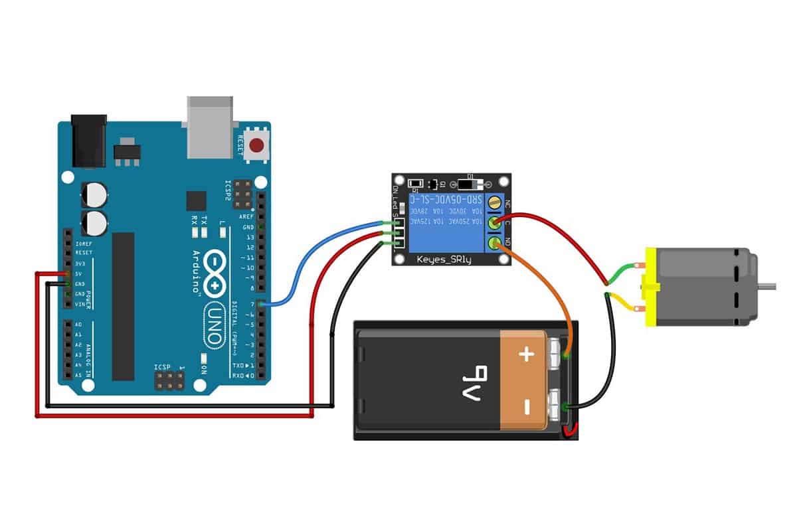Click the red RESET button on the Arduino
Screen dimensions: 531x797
tap(256, 144)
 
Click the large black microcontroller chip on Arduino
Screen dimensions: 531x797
tap(123, 306)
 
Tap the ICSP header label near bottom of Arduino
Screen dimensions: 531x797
tap(163, 366)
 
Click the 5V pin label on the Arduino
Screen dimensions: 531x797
tap(79, 273)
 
